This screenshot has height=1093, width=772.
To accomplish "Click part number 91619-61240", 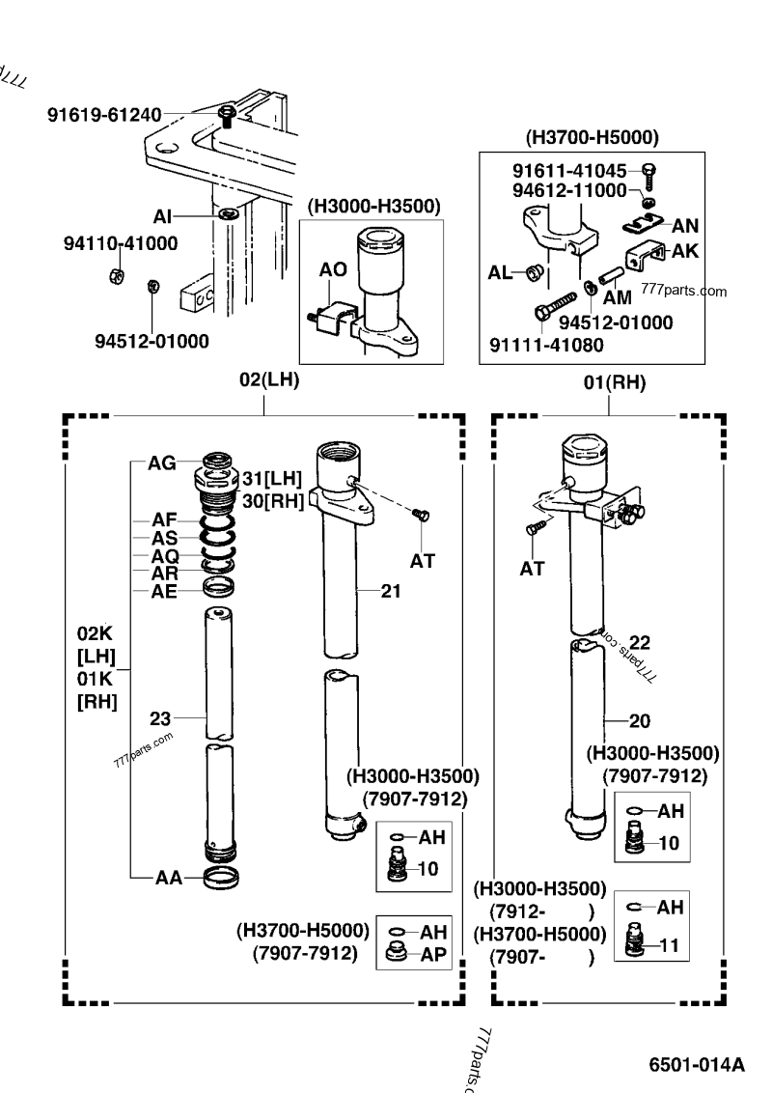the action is pyautogui.click(x=104, y=114).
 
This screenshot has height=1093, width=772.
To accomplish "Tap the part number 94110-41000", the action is pyautogui.click(x=121, y=243).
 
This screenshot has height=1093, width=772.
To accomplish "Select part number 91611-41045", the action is pyautogui.click(x=569, y=171).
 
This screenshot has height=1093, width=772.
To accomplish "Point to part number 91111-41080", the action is pyautogui.click(x=546, y=345).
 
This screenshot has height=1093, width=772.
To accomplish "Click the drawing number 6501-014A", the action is pyautogui.click(x=697, y=1064).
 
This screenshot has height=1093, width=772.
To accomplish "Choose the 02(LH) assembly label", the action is pyautogui.click(x=269, y=379).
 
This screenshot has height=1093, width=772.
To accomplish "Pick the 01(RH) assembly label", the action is pyautogui.click(x=615, y=382).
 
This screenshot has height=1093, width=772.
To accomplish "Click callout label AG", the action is pyautogui.click(x=162, y=462).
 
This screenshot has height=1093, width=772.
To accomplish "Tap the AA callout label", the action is pyautogui.click(x=169, y=878).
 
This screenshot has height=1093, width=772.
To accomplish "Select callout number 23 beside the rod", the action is pyautogui.click(x=160, y=718).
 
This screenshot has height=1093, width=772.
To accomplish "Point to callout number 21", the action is pyautogui.click(x=391, y=591).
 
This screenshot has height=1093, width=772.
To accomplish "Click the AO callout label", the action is pyautogui.click(x=333, y=269).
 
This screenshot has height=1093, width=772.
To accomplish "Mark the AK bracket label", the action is pyautogui.click(x=685, y=251).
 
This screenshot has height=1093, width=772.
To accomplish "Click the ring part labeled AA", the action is pyautogui.click(x=222, y=878).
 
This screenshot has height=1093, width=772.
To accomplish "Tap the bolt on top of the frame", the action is pyautogui.click(x=227, y=116).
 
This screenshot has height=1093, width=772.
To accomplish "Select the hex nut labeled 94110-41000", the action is pyautogui.click(x=117, y=275).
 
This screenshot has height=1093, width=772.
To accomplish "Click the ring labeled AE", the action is pyautogui.click(x=218, y=588).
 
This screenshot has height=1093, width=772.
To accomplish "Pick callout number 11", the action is pyautogui.click(x=669, y=945).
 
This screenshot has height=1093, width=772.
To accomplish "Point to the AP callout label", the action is pyautogui.click(x=432, y=954).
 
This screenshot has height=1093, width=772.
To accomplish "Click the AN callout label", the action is pyautogui.click(x=685, y=226).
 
